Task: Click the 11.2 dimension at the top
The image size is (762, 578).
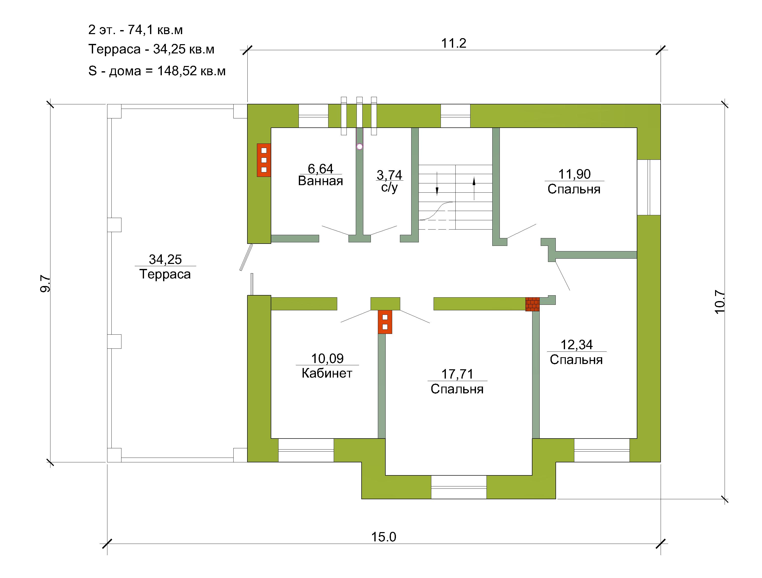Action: click(454, 43)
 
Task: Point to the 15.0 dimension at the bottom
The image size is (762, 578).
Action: click(383, 537)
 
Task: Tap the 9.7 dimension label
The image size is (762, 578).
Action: click(45, 284)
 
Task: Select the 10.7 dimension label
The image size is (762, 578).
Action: click(720, 302)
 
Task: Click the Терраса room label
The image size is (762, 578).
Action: click(165, 274)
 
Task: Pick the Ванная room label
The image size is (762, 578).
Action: click(320, 181)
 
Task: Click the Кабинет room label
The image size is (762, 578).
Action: click(327, 373)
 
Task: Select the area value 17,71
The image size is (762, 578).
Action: click(457, 374)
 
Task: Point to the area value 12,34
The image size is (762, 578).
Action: click(577, 344)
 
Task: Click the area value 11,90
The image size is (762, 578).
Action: click(574, 174)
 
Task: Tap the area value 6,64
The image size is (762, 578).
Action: click(320, 169)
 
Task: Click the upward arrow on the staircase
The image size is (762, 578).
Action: click(474, 188)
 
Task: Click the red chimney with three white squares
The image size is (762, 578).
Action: click(264, 160)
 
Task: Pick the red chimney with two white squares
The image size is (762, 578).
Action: click(385, 322)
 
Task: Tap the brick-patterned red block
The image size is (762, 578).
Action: click(532, 304)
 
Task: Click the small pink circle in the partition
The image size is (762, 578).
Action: click(360, 147)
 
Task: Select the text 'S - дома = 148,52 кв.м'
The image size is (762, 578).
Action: click(157, 71)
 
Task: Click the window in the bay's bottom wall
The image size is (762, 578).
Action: click(459, 487)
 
